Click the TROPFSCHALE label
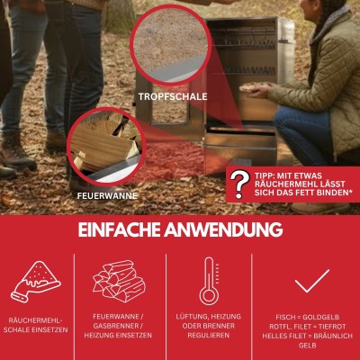[x=172, y=95]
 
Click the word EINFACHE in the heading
[x=129, y=229]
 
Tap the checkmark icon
[x=311, y=281]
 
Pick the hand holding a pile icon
[x=33, y=283]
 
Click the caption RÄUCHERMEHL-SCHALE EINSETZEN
[x=35, y=325]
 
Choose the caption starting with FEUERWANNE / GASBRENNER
[x=122, y=326]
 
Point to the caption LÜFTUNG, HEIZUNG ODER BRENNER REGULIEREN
[x=210, y=326]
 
